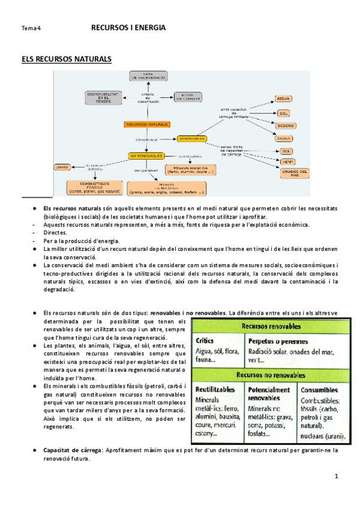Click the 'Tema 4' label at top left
tap(30, 28)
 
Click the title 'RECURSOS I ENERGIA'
tap(128, 28)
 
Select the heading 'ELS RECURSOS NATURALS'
tap(66, 59)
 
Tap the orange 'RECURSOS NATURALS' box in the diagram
tap(146, 124)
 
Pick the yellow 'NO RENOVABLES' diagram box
tap(146, 155)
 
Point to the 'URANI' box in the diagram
tap(62, 166)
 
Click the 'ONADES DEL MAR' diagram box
tap(294, 173)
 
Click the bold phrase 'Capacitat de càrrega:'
tap(72, 450)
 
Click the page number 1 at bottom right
tap(337, 476)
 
